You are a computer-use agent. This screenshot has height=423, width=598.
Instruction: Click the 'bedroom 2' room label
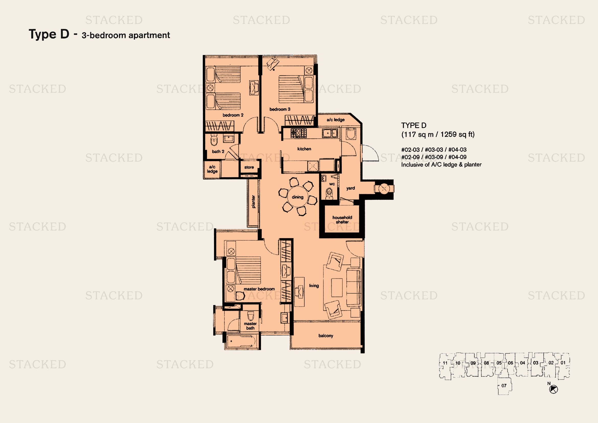click(233, 115)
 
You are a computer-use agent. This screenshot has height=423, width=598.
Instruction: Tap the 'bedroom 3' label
click(280, 109)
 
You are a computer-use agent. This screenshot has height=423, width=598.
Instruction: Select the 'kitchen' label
click(304, 149)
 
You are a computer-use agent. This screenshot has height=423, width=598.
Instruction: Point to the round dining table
click(298, 197)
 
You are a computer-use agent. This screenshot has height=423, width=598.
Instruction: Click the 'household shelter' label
click(342, 220)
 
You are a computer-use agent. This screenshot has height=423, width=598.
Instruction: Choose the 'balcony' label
click(326, 336)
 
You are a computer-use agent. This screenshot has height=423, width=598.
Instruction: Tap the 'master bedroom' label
click(259, 289)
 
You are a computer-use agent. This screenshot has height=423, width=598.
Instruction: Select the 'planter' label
click(253, 202)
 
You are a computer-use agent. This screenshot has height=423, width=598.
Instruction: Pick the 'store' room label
click(249, 167)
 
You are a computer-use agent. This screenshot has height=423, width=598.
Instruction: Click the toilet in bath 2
click(214, 140)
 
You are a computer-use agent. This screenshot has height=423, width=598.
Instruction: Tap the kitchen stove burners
click(299, 133)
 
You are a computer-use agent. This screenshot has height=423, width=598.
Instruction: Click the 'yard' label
click(351, 188)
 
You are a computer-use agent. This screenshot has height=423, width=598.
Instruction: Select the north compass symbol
click(554, 389)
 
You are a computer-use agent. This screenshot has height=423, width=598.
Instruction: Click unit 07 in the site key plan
click(504, 385)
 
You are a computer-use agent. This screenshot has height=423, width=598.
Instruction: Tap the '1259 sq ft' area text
click(457, 135)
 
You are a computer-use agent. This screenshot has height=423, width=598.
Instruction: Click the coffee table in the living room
click(337, 287)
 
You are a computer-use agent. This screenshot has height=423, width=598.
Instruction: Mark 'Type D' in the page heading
click(49, 34)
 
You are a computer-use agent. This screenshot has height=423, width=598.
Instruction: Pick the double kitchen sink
click(330, 133)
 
